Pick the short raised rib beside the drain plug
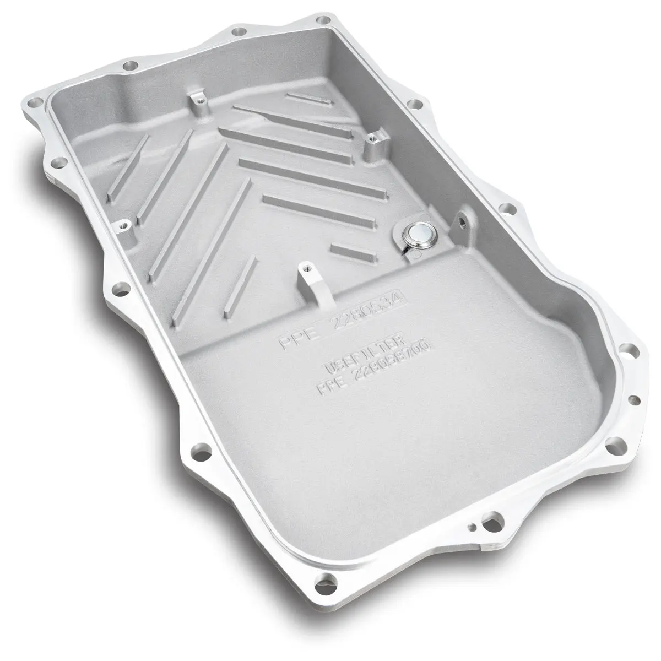click(353, 253)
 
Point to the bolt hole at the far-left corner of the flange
click(36, 102)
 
